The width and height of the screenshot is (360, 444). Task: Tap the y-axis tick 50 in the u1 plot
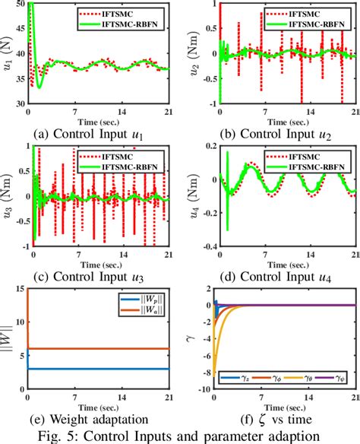pos(20,5)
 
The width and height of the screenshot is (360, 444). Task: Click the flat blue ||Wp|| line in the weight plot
pos(99,369)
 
